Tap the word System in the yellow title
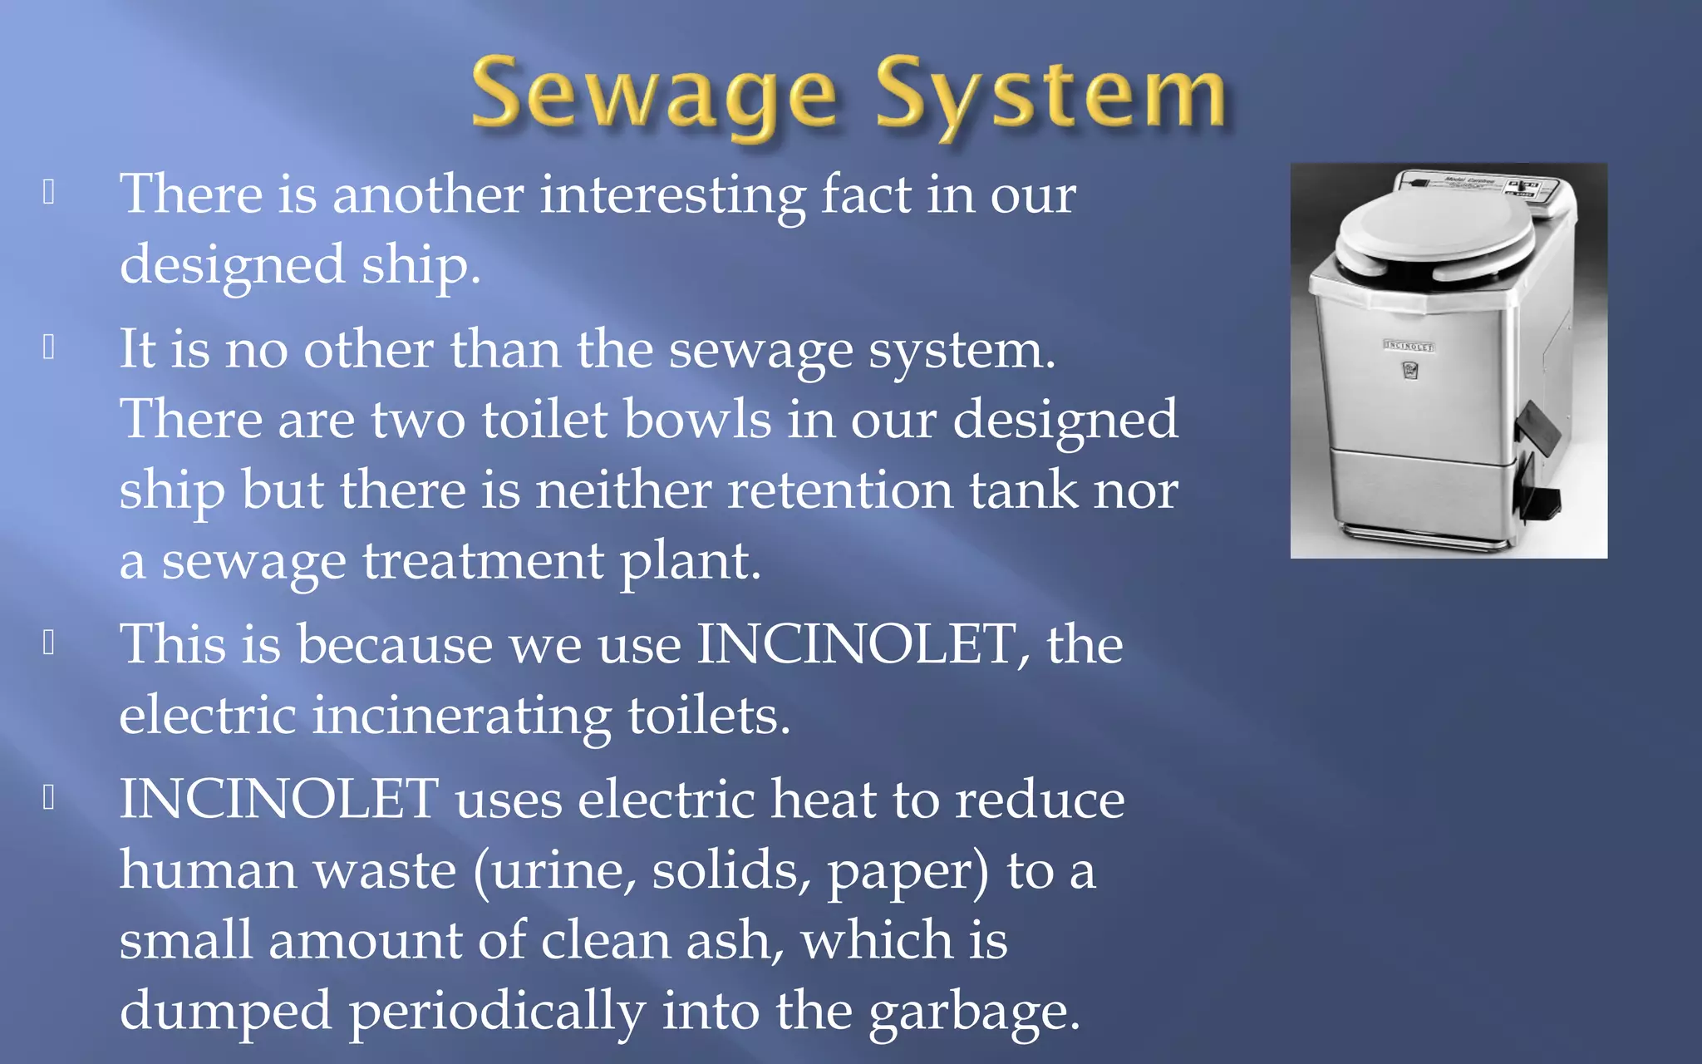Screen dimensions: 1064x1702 [x=1050, y=96]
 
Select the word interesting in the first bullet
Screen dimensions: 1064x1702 [x=672, y=195]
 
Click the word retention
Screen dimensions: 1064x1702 [x=839, y=490]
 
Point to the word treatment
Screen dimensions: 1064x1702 [x=483, y=561]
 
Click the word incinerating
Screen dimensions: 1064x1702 [x=461, y=716]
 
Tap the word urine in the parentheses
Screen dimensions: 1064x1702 [x=556, y=871]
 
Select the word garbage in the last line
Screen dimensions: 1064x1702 [x=972, y=1012]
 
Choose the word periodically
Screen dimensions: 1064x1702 [x=496, y=1012]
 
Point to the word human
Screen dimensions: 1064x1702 [x=207, y=870]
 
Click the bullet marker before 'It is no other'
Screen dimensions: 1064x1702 [x=49, y=347]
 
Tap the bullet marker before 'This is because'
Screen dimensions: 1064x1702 [x=49, y=643]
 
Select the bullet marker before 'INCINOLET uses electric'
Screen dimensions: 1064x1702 [x=49, y=797]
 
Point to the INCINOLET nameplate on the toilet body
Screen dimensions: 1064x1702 [x=1409, y=346]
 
